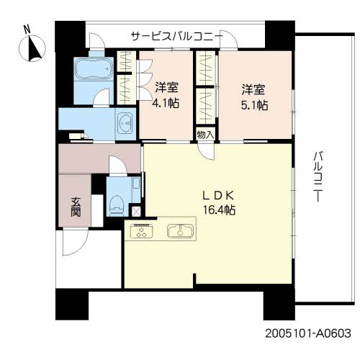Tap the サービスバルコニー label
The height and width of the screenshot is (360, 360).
(x=175, y=36)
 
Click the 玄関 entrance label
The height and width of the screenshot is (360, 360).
(x=75, y=206)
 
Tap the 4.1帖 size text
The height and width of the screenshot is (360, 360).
(x=166, y=103)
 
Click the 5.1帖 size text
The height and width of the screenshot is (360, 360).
(x=254, y=103)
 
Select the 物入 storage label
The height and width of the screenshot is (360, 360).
(x=204, y=134)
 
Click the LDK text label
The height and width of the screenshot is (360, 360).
(x=217, y=194)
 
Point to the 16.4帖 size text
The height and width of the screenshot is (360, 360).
(x=217, y=210)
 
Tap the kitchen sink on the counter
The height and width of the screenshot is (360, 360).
(x=177, y=231)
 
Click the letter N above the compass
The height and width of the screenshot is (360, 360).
(x=26, y=30)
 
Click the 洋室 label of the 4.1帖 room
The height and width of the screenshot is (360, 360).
(x=166, y=89)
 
